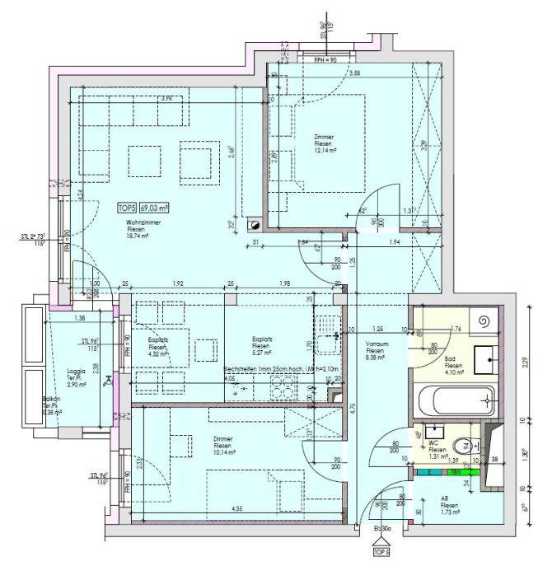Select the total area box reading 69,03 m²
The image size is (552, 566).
[154, 208]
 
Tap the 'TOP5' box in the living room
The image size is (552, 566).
[126, 208]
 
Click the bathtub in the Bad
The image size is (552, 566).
[455, 402]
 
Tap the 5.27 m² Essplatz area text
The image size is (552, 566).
[262, 354]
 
